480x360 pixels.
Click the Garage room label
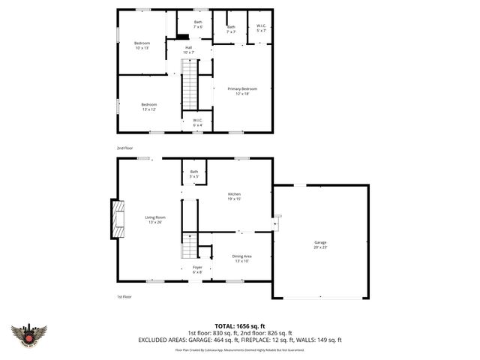coord(320,244)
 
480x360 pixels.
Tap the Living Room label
coord(154,220)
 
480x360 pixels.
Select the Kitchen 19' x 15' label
coord(235,196)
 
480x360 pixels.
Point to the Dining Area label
coord(241,259)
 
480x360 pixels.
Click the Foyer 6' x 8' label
coord(197,268)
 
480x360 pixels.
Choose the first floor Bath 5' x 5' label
coord(194,174)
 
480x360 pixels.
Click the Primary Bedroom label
coord(241,91)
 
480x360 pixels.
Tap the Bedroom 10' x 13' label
coord(142,46)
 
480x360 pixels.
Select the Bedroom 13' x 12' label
coord(148,106)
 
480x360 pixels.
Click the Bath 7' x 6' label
coord(198,24)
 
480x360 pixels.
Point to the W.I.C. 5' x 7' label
coord(262,29)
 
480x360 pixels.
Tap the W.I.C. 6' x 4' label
coord(197,122)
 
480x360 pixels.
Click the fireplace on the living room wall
coord(116,218)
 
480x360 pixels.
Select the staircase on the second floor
coord(190,86)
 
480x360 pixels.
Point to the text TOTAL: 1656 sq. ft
coord(240,326)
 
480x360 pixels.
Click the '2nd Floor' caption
coord(124,148)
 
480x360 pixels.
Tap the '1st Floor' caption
coord(124,297)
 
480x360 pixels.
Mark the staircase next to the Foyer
coord(190,244)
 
